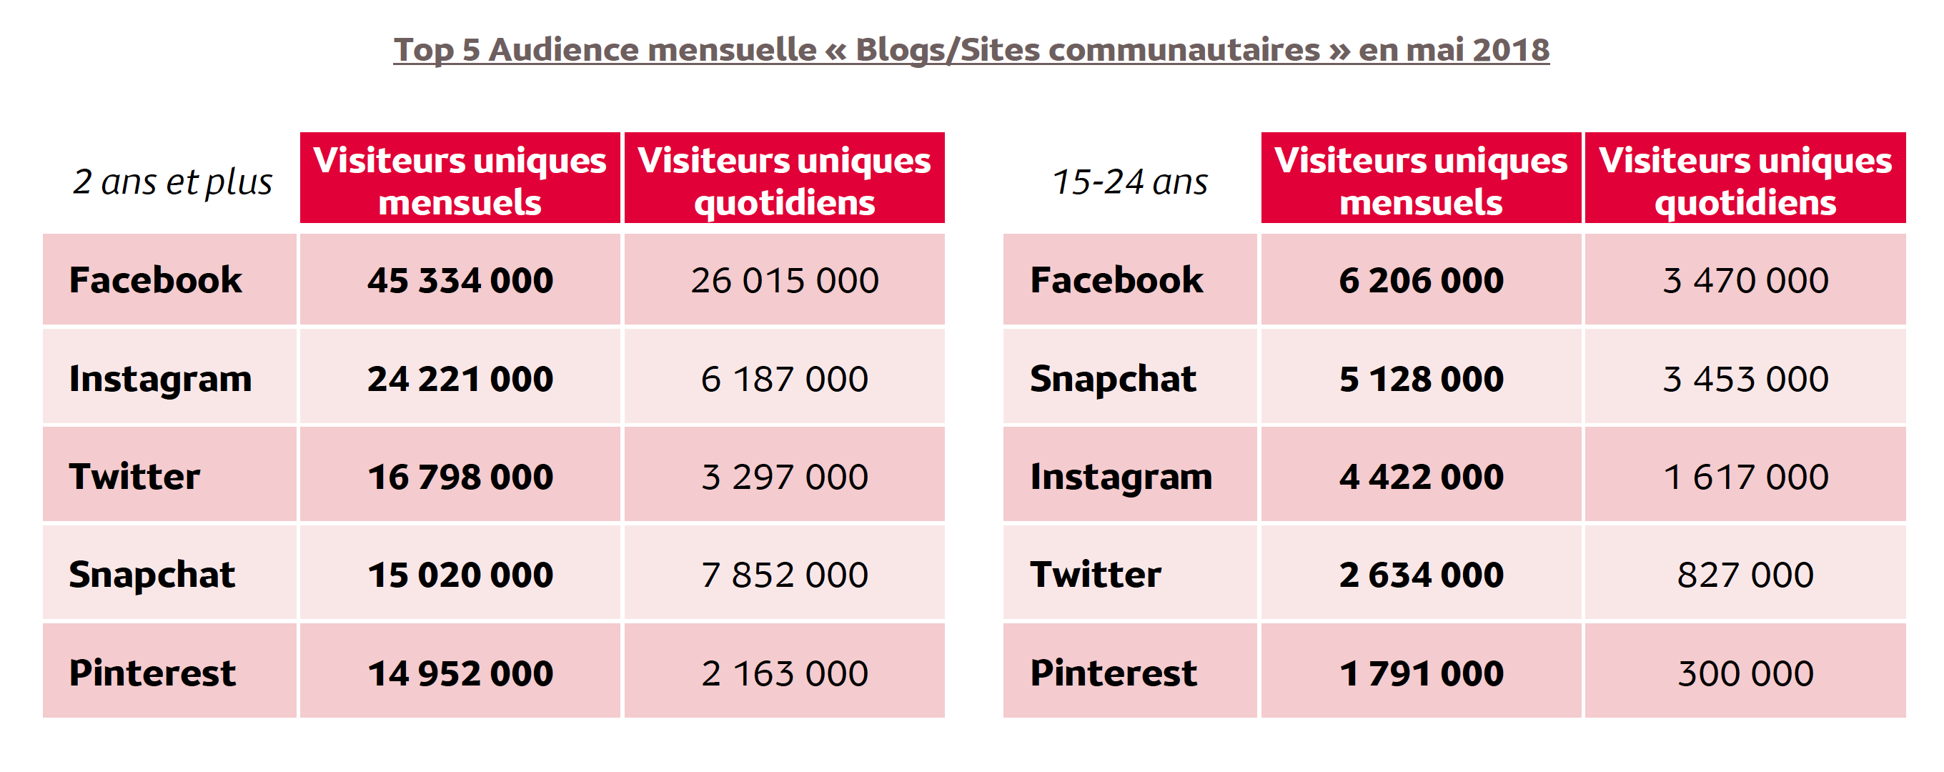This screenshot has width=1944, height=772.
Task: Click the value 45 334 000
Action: pyautogui.click(x=460, y=281)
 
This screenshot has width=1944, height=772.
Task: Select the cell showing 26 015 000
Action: pyautogui.click(x=785, y=281)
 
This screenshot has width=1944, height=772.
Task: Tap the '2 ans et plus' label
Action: pyautogui.click(x=172, y=182)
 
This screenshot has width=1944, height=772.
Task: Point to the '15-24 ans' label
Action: pyautogui.click(x=1130, y=182)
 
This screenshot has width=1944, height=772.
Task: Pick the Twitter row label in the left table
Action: pyautogui.click(x=134, y=477)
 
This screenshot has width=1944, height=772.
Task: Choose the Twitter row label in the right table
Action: pyautogui.click(x=1096, y=575)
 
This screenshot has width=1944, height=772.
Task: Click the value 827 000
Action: pyautogui.click(x=1745, y=575)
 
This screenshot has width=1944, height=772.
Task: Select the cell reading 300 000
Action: pyautogui.click(x=1745, y=673)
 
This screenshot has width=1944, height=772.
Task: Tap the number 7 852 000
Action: pyautogui.click(x=785, y=575)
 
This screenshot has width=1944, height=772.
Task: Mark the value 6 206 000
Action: pyautogui.click(x=1421, y=281)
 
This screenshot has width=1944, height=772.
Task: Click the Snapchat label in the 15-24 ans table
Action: pyautogui.click(x=1113, y=379)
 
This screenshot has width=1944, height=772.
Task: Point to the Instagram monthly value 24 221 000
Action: pyautogui.click(x=460, y=379)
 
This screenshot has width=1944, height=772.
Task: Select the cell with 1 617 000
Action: pyautogui.click(x=1745, y=477)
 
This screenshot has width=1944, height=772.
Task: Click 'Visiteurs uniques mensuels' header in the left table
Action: pyautogui.click(x=460, y=180)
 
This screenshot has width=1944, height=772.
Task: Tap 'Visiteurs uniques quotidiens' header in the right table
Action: pyautogui.click(x=1745, y=180)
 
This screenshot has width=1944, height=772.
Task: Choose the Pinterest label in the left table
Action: pyautogui.click(x=152, y=673)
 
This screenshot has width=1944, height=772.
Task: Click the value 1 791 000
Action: pyautogui.click(x=1421, y=673)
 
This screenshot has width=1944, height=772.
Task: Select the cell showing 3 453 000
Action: pyautogui.click(x=1745, y=379)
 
